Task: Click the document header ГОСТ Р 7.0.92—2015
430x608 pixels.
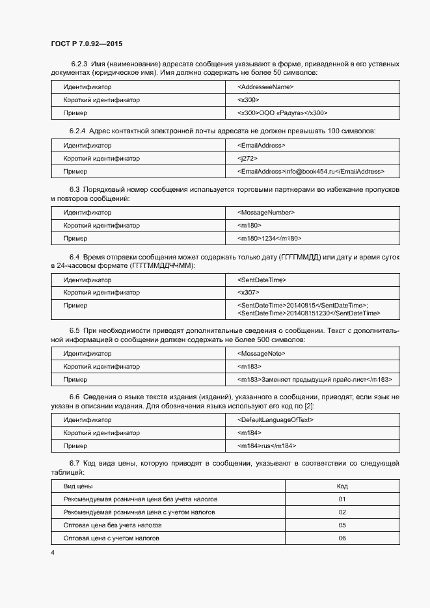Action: click(x=87, y=44)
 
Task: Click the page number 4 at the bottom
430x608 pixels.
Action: click(x=53, y=552)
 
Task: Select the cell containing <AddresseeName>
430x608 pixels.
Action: click(x=265, y=86)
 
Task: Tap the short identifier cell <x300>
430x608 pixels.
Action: click(x=249, y=100)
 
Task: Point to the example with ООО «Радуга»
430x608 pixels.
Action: click(x=282, y=113)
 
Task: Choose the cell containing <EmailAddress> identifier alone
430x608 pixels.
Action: click(x=262, y=145)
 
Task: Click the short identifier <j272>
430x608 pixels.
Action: click(x=248, y=158)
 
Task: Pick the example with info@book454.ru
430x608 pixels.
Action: click(x=311, y=172)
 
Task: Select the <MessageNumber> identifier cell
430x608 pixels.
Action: click(x=266, y=212)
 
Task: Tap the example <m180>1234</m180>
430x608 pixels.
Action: click(x=269, y=239)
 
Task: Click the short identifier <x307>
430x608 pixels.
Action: click(x=249, y=293)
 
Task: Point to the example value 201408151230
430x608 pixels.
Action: click(x=309, y=313)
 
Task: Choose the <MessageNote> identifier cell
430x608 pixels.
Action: click(x=262, y=353)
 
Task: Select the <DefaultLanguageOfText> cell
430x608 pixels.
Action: click(x=276, y=419)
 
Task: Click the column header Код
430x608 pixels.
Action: click(x=342, y=486)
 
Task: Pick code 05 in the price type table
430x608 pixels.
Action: click(x=342, y=525)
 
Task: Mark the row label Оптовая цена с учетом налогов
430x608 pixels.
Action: click(x=111, y=538)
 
